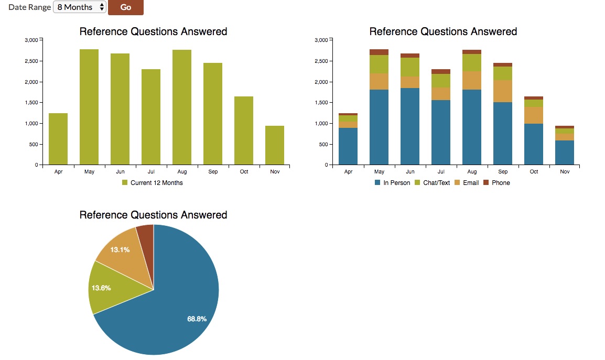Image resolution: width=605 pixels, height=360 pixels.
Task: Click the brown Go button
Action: [125, 7]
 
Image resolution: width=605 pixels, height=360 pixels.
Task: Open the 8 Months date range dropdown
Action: [80, 7]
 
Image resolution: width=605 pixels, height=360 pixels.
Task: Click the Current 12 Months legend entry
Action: [152, 183]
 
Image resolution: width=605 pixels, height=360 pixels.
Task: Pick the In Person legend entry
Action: [392, 183]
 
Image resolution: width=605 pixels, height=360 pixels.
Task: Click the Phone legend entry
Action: [496, 183]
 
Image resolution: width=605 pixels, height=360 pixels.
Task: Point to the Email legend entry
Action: [466, 183]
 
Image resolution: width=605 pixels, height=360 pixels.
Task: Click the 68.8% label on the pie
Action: [197, 319]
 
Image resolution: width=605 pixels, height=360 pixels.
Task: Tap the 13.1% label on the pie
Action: [120, 249]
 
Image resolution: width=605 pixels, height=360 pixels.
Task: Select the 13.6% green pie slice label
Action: [101, 288]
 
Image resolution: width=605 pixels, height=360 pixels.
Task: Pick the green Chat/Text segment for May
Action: [379, 64]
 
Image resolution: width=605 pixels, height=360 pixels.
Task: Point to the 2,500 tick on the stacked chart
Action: [323, 61]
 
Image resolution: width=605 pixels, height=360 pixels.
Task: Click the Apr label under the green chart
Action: [58, 172]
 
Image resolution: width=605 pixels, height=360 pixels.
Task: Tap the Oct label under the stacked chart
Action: [534, 172]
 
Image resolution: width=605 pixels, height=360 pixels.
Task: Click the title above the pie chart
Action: [153, 215]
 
